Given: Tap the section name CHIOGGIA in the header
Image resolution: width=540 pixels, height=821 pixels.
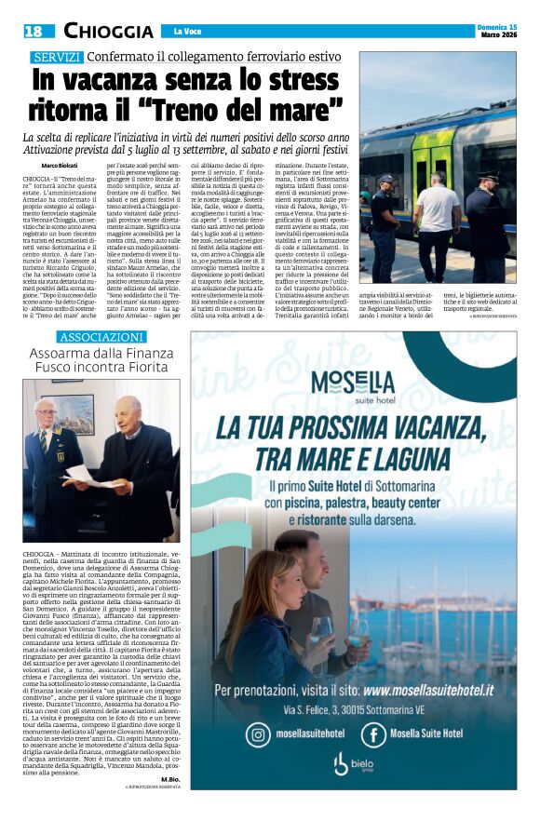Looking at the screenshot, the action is [x=108, y=32].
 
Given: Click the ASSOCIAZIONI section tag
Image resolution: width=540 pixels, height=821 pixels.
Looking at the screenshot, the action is [x=102, y=336].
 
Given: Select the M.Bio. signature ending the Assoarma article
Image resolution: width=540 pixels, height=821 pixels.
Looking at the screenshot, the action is [x=169, y=777].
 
